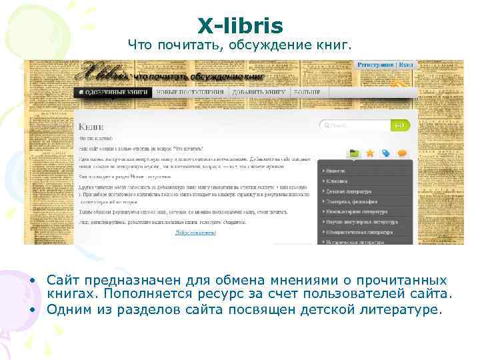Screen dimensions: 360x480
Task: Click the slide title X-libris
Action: (x=240, y=26)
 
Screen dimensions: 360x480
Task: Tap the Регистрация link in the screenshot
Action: (x=376, y=65)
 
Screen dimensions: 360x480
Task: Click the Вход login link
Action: (x=407, y=65)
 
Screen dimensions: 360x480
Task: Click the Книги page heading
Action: (x=91, y=126)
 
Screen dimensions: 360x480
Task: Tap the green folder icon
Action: (x=354, y=153)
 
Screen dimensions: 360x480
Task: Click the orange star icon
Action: (x=370, y=153)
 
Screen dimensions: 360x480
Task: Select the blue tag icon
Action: (x=386, y=153)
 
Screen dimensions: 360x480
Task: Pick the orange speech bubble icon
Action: (x=402, y=153)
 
